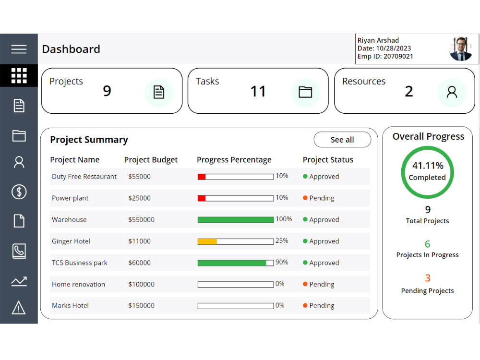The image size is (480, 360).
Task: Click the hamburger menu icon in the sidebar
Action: pyautogui.click(x=19, y=49)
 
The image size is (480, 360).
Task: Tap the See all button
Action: pyautogui.click(x=342, y=140)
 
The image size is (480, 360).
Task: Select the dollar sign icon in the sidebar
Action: pyautogui.click(x=19, y=192)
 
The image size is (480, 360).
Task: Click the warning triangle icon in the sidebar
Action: pyautogui.click(x=19, y=307)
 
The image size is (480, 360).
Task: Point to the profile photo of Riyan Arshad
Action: pyautogui.click(x=461, y=49)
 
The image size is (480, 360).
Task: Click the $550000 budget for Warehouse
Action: pyautogui.click(x=141, y=220)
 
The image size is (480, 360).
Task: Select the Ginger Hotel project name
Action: pyautogui.click(x=71, y=241)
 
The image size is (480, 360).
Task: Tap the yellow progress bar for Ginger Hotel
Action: pyautogui.click(x=207, y=241)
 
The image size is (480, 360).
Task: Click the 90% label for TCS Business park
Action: pyautogui.click(x=282, y=262)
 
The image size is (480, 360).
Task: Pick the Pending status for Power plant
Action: pyautogui.click(x=322, y=198)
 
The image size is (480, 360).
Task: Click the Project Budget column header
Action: pyautogui.click(x=151, y=160)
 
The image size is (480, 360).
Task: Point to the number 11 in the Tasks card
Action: pyautogui.click(x=258, y=91)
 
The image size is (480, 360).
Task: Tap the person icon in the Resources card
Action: pyautogui.click(x=452, y=92)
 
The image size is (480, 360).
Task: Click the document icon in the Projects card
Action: pyautogui.click(x=159, y=92)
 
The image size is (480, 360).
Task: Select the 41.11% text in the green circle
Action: pyautogui.click(x=428, y=166)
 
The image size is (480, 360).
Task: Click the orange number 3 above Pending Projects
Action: pyautogui.click(x=428, y=278)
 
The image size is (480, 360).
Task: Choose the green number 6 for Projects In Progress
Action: pyautogui.click(x=428, y=244)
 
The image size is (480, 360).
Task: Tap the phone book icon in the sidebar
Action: pyautogui.click(x=19, y=251)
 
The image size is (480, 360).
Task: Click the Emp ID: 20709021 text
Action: pyautogui.click(x=385, y=56)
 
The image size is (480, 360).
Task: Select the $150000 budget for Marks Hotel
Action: pyautogui.click(x=141, y=306)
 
